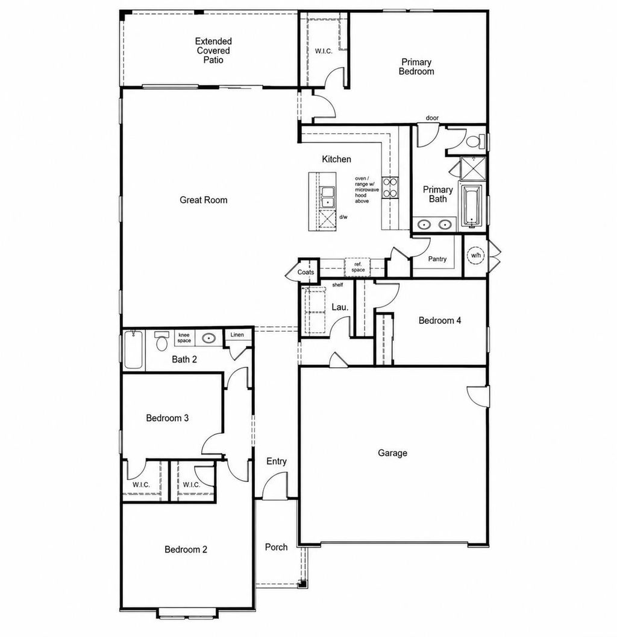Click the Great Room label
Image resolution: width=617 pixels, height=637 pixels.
coord(204,200)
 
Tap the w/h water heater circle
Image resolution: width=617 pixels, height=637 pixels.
coord(476,256)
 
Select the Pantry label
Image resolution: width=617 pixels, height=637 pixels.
coord(437,259)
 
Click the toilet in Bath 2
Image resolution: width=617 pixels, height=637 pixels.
coord(161,341)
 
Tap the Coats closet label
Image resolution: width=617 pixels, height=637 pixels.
coord(305,272)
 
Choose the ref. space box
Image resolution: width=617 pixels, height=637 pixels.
coord(358,267)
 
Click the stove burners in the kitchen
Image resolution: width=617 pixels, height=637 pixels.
coord(390,188)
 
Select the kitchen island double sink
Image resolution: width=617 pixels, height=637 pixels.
coord(327,197)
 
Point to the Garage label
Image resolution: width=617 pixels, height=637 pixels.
coord(392,453)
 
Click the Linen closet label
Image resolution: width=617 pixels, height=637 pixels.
coord(237,335)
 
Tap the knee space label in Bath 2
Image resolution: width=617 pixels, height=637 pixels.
coord(184,338)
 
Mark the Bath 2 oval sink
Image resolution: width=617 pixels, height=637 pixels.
coord(209,338)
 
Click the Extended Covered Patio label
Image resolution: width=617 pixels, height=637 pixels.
coord(213,51)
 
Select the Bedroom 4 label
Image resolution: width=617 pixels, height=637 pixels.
coord(440,320)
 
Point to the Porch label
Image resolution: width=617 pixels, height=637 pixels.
coord(276,547)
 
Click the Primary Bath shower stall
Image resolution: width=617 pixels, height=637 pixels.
coord(473,168)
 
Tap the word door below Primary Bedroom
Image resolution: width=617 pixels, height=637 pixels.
coord(432,118)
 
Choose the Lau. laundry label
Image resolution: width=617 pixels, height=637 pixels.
coord(340,307)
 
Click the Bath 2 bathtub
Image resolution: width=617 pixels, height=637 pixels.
coord(133,350)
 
